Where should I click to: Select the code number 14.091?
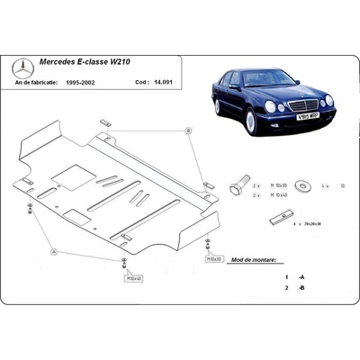pos(163,80)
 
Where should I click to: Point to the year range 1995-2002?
pos(101,80)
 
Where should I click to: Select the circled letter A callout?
pos(53,252)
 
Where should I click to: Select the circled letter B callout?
pos(189,131)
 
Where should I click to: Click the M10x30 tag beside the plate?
pos(214,256)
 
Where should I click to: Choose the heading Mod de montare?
pos(256,258)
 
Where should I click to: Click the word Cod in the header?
pos(142,80)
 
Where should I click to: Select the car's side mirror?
pos(237,90)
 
